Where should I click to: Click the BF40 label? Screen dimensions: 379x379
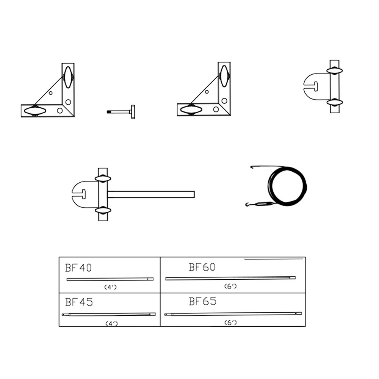coord(78,268)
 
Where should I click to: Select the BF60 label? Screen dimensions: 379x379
coord(202,267)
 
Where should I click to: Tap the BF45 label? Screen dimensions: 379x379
coord(79,302)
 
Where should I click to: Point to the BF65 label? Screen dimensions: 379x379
coord(202,301)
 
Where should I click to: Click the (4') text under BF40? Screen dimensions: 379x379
coord(110,287)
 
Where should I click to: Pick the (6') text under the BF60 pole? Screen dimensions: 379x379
coord(230,286)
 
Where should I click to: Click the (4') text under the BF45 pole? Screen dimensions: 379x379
coord(111,323)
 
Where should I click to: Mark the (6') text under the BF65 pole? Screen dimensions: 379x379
coord(230,323)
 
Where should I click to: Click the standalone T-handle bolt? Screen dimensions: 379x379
coord(121,112)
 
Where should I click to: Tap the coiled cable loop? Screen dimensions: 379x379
coord(287,186)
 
